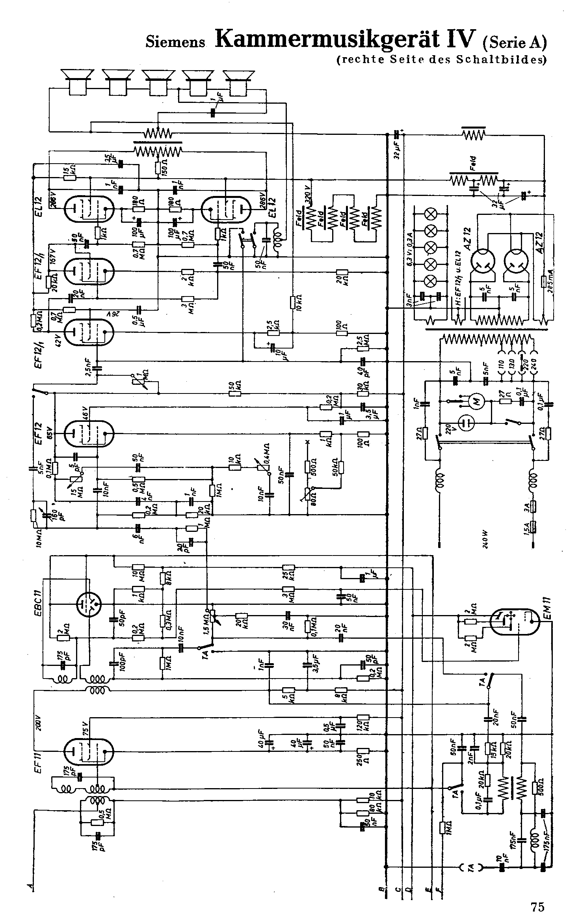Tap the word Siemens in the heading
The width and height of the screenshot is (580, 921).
176,42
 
